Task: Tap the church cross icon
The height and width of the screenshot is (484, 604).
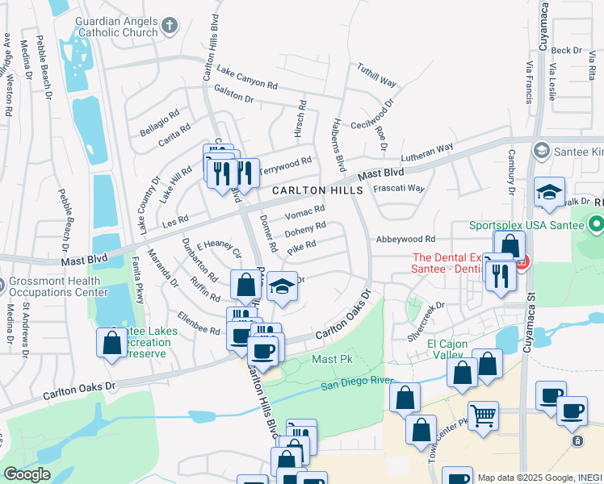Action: tap(170, 26)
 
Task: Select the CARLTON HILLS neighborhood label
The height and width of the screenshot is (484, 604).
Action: tap(316, 190)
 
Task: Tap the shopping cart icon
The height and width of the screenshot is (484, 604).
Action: tap(483, 415)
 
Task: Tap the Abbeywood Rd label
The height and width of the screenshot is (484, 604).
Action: tap(405, 239)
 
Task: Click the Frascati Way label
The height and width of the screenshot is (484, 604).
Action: tap(399, 188)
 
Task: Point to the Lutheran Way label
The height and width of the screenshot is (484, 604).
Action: tap(428, 153)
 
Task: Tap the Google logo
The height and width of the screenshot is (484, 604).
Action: tap(27, 474)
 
